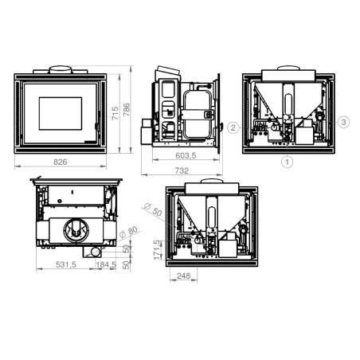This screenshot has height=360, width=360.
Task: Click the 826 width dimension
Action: pyautogui.click(x=61, y=162)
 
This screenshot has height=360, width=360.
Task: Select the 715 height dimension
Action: pyautogui.click(x=115, y=113)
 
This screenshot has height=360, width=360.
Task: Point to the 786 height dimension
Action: pyautogui.click(x=127, y=109)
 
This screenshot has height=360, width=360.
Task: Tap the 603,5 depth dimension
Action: pyautogui.click(x=186, y=155)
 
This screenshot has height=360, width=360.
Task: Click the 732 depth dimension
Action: pyautogui.click(x=182, y=170)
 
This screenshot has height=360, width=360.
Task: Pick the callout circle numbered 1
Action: pyautogui.click(x=287, y=162)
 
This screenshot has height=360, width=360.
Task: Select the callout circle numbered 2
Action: pyautogui.click(x=233, y=128)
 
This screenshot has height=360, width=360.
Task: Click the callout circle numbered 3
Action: pyautogui.click(x=343, y=122)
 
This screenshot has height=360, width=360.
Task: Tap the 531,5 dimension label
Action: pyautogui.click(x=66, y=264)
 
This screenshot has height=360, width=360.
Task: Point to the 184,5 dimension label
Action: pyautogui.click(x=106, y=264)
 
